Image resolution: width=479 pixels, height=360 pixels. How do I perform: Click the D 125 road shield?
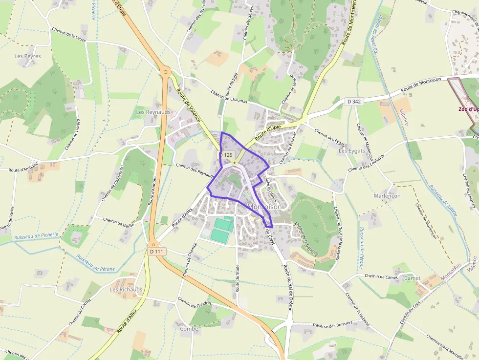[225, 154]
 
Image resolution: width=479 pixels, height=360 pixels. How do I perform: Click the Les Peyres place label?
[27, 56]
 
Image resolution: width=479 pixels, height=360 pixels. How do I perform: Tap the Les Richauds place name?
[126, 289]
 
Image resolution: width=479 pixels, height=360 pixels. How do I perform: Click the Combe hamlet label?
[189, 329]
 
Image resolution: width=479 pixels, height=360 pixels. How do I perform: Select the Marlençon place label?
[387, 196]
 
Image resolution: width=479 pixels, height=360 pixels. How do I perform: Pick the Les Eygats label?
[352, 151]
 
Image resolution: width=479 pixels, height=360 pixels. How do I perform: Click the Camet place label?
[412, 278]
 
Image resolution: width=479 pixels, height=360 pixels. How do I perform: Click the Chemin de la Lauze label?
[68, 37]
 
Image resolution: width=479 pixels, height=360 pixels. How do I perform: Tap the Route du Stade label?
[238, 278]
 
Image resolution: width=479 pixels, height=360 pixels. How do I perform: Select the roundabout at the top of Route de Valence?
[166, 72]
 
